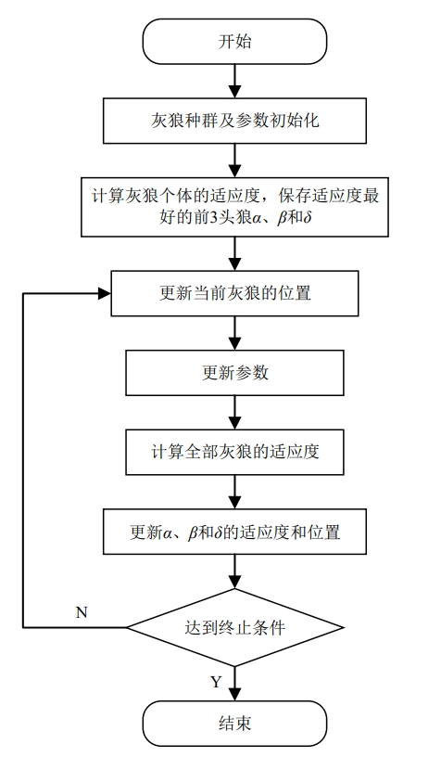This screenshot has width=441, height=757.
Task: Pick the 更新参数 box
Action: tap(233, 373)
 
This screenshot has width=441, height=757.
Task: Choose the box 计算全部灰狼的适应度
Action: tap(233, 453)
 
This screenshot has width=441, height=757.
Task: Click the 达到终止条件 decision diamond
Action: tap(233, 627)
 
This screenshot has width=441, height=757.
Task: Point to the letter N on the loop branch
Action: tap(81, 612)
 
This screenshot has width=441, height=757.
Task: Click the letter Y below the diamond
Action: tap(215, 682)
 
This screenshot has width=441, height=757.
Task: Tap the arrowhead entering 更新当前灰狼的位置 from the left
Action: tap(103, 293)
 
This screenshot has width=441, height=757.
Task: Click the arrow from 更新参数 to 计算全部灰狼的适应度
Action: tap(233, 413)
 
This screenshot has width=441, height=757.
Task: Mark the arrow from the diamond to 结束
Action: tap(233, 682)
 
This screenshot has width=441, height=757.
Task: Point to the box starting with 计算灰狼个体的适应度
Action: tap(233, 210)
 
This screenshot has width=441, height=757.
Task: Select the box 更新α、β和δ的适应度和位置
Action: tap(233, 534)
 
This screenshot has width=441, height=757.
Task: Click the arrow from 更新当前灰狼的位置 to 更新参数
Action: tap(233, 333)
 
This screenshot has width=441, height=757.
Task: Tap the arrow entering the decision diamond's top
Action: tap(233, 575)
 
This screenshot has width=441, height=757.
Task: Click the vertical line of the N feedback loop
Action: tap(23, 464)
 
